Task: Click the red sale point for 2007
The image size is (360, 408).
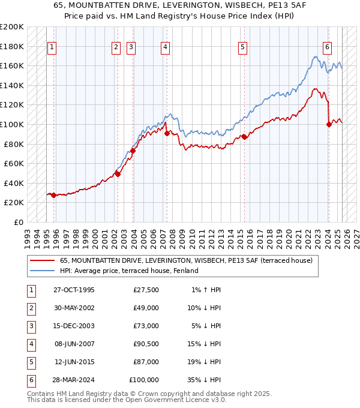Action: pyautogui.click(x=166, y=134)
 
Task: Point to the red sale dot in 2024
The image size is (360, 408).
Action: pyautogui.click(x=329, y=125)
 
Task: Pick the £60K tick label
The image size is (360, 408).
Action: pyautogui.click(x=14, y=163)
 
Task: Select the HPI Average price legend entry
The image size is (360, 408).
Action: pyautogui.click(x=129, y=271)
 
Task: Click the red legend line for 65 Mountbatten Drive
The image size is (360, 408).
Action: pyautogui.click(x=42, y=261)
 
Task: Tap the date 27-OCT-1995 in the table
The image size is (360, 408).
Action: pyautogui.click(x=73, y=290)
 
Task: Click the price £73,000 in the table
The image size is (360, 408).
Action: pyautogui.click(x=145, y=326)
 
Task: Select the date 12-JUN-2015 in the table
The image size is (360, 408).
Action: pyautogui.click(x=74, y=362)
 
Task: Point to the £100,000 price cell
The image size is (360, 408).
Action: pyautogui.click(x=144, y=380)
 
